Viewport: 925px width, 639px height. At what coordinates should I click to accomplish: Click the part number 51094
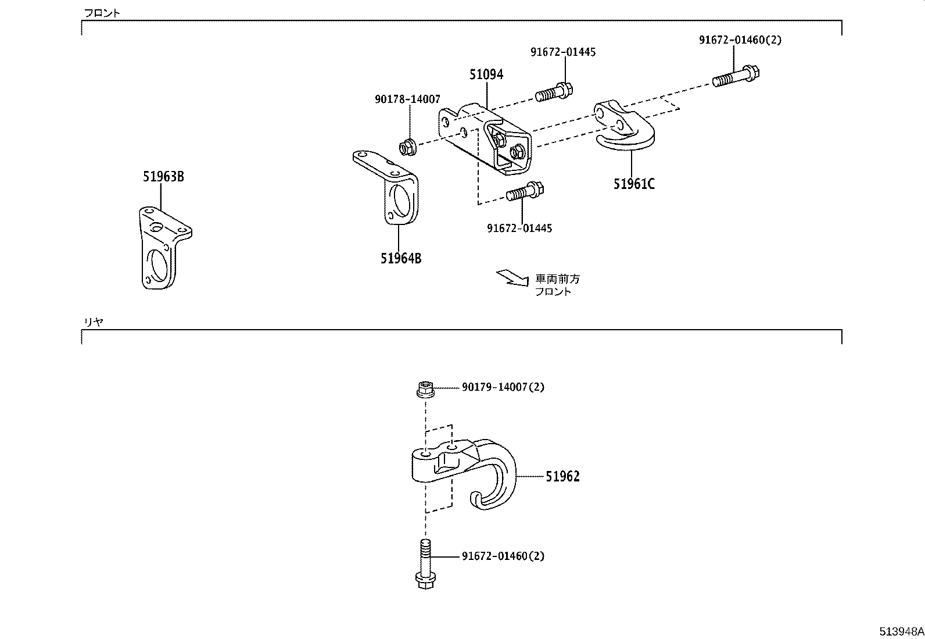[x=486, y=74]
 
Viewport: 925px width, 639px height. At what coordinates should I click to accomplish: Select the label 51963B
[x=163, y=177]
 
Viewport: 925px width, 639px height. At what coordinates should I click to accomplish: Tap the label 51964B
[x=401, y=258]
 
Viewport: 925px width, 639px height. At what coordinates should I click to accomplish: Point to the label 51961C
[x=634, y=184]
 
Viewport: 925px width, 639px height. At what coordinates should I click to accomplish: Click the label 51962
[x=562, y=477]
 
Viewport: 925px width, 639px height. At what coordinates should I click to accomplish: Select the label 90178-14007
[x=407, y=99]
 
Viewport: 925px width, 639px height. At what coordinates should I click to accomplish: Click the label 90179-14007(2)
[x=503, y=387]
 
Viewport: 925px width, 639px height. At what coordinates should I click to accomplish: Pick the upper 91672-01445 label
[x=562, y=52]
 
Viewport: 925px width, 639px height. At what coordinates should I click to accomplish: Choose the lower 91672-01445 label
[x=519, y=228]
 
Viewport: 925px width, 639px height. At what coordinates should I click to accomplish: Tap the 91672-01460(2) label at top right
[x=740, y=40]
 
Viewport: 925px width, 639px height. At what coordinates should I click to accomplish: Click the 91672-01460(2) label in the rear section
[x=503, y=556]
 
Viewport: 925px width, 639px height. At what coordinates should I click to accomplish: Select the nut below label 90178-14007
[x=407, y=148]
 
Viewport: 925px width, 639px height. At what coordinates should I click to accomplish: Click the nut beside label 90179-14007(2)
[x=424, y=388]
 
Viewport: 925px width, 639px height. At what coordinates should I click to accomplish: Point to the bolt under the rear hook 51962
[x=425, y=565]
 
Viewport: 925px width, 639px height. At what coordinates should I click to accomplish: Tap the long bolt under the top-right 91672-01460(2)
[x=737, y=77]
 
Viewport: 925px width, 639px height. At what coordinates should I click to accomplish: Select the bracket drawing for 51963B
[x=163, y=247]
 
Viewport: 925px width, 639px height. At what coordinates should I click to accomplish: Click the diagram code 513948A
[x=901, y=631]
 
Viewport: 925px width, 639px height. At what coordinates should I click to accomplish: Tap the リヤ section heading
[x=94, y=322]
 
